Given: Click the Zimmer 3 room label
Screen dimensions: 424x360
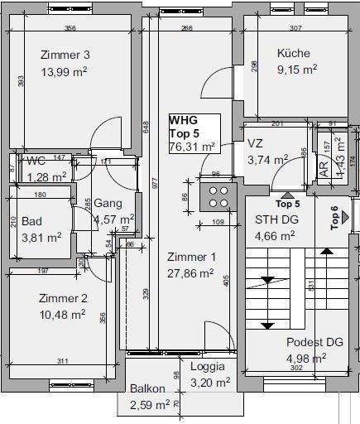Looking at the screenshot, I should (65, 55).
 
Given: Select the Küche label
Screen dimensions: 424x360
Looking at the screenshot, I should (294, 54).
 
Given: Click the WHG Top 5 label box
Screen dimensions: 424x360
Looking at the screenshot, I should (194, 133).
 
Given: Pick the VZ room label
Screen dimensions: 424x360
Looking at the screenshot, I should (255, 143).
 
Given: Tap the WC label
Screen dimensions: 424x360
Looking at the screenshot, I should (36, 160).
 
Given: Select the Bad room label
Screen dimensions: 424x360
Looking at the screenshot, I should (31, 221).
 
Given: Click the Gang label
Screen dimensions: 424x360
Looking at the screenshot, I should (108, 203).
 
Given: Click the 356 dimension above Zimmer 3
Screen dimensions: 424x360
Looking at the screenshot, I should (70, 29).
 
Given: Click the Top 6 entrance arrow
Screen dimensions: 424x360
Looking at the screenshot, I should (345, 217).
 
